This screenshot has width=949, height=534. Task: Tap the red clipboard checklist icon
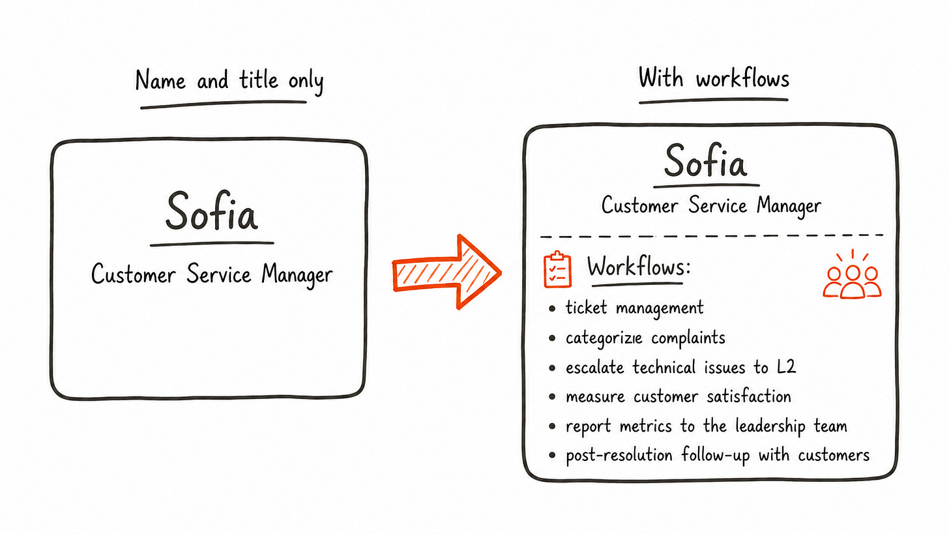557,269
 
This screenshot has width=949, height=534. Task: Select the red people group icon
852,276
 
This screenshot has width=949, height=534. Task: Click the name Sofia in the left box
211,211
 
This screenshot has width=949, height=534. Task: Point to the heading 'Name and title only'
229,81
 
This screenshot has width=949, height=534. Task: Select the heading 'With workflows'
714,78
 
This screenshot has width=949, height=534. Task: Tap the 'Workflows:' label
639,267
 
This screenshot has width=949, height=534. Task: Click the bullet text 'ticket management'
634,308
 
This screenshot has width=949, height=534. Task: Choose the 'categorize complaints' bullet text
645,338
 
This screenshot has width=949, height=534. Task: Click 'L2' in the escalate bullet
786,366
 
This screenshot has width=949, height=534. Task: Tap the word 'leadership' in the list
770,426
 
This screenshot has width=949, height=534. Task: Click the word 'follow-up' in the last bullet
716,455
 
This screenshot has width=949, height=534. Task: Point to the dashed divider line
712,235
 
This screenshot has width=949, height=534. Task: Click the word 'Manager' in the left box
297,275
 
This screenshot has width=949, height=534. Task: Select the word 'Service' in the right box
717,205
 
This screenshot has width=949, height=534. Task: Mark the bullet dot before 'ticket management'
551,308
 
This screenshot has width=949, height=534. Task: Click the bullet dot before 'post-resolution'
551,456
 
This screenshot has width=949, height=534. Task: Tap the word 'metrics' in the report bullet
646,426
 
